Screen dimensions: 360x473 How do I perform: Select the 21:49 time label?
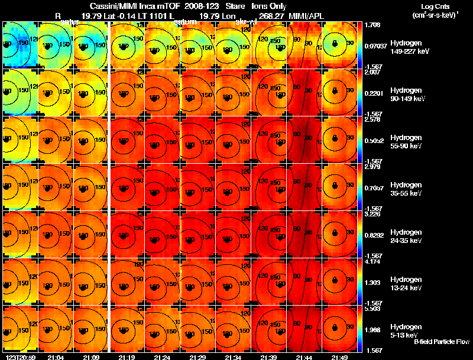pos(339,358)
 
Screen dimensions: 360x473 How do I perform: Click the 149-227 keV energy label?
pos(409,51)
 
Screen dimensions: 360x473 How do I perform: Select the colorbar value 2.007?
pos(372,72)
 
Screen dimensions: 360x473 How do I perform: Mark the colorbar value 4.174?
pos(372,261)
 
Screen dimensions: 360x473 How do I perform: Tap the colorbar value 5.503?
pos(372,309)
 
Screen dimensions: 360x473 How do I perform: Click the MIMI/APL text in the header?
pos(304,15)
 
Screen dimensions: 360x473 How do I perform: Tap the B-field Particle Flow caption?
pos(441,342)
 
